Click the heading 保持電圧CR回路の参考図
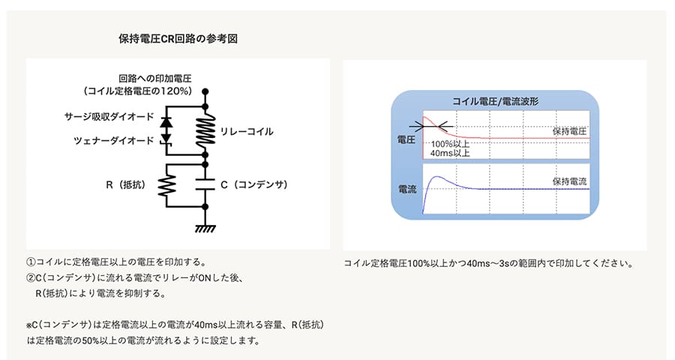pos(178,39)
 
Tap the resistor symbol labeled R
pos(166,185)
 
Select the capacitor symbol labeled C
pos(205,184)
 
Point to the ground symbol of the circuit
pos(205,228)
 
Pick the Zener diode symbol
pos(166,139)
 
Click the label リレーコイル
pos(247,132)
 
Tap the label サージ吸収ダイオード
pos(109,116)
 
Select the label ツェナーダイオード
pos(114,140)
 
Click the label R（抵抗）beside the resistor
pos(126,184)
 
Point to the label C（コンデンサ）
pos(254,184)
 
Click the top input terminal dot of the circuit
pos(205,91)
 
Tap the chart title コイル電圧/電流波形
pos(495,101)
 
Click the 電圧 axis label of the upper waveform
pos(406,139)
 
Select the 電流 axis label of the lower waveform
pos(406,189)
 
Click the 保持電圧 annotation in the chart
pos(569,131)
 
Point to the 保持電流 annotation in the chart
pos(569,181)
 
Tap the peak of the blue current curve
pos(437,176)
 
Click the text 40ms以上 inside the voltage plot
pos(450,153)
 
